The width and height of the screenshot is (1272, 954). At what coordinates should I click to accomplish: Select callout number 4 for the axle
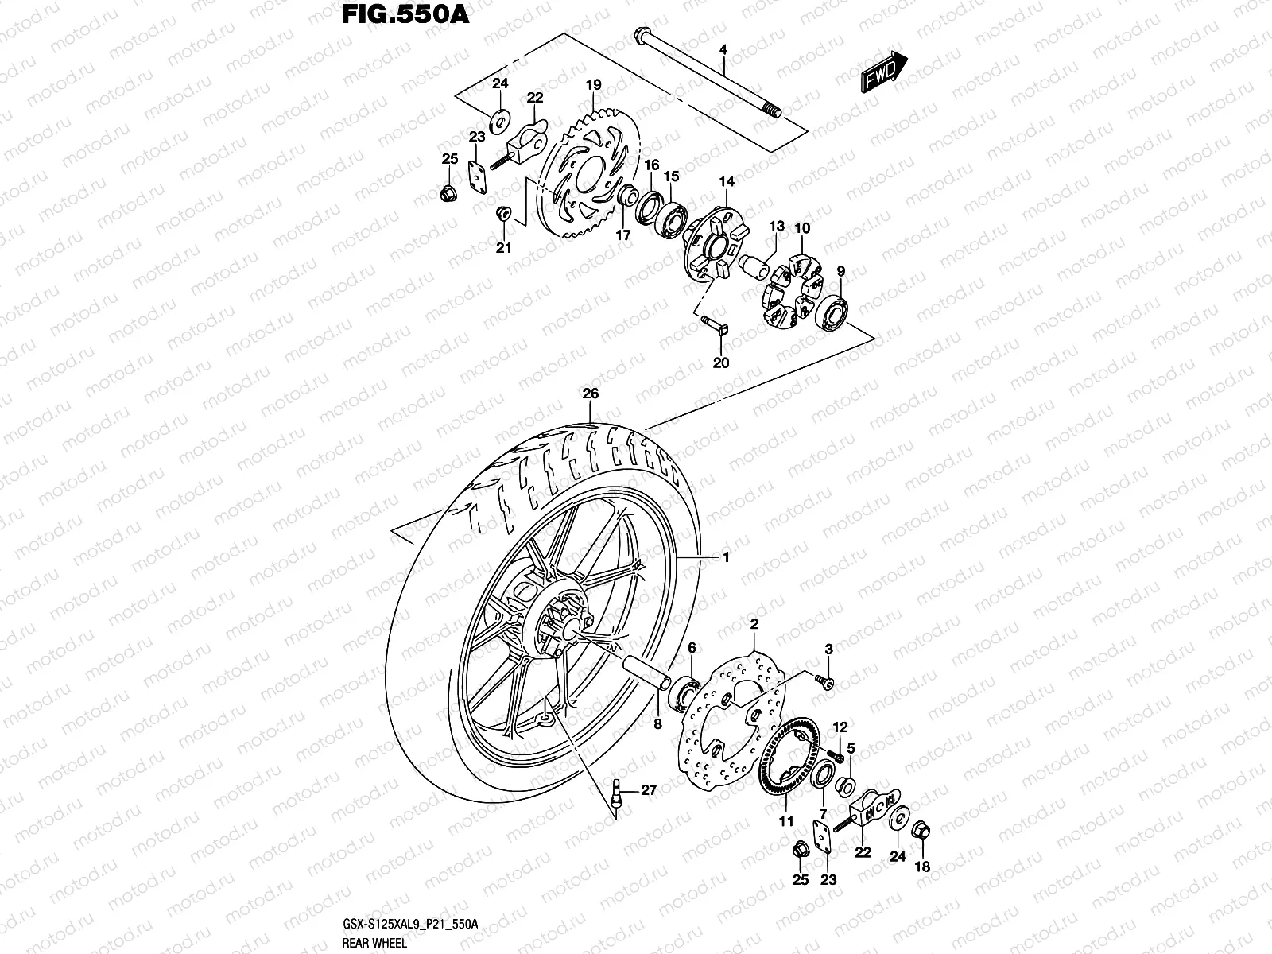[723, 50]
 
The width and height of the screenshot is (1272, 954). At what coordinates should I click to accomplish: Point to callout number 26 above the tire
[590, 394]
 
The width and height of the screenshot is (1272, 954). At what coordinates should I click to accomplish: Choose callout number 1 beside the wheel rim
[725, 558]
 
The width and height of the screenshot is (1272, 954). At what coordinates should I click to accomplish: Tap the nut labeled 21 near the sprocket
[502, 214]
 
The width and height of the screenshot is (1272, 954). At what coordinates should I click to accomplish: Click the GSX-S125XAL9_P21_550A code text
[409, 924]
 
